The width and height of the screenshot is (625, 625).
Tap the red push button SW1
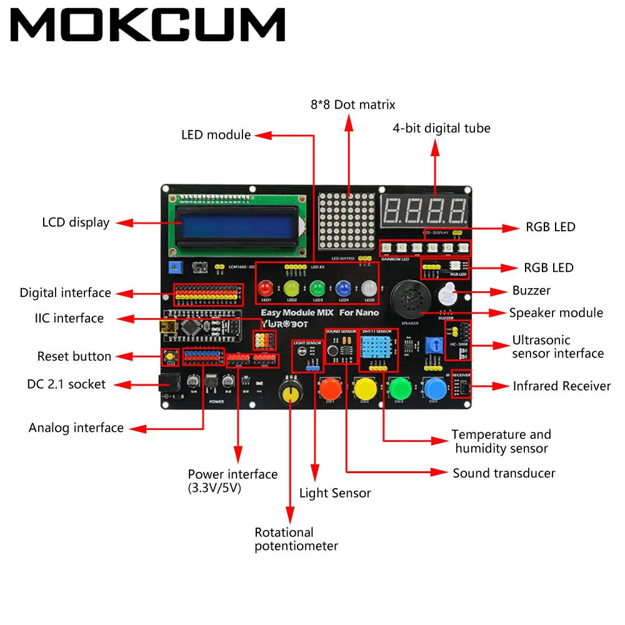[x=329, y=389]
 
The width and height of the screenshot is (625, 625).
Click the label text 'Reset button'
[x=74, y=356]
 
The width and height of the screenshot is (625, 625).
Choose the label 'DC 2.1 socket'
[x=66, y=384]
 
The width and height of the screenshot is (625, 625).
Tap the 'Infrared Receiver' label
[x=561, y=386]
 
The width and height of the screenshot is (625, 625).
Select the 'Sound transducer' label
[x=504, y=473]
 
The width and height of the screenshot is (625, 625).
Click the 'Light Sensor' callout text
[x=335, y=493]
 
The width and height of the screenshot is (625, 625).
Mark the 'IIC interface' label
[x=69, y=318]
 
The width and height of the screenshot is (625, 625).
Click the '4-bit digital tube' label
[x=441, y=128]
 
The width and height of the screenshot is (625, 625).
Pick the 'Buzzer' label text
[x=531, y=291]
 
